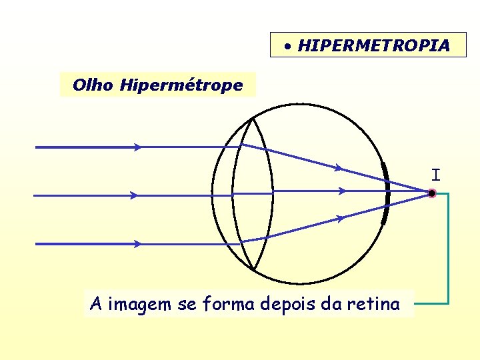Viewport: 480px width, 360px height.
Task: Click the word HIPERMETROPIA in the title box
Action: [x=373, y=46]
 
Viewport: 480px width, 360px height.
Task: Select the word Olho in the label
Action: [x=94, y=85]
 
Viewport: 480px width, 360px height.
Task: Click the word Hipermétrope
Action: [x=181, y=85]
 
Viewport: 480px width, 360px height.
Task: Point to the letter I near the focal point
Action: [x=435, y=175]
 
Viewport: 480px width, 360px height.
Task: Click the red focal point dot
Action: [x=432, y=194]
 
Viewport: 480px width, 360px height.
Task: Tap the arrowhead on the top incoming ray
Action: [x=137, y=147]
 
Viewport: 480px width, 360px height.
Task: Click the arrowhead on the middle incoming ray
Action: [x=134, y=195]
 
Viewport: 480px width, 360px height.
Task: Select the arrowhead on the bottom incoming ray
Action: [x=137, y=244]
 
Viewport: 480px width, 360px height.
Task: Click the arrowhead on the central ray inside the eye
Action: [x=342, y=191]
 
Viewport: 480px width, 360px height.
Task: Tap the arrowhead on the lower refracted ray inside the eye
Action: [x=341, y=217]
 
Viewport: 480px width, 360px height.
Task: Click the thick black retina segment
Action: [x=385, y=193]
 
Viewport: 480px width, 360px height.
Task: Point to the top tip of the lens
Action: [x=252, y=119]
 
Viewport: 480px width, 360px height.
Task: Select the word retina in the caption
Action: [x=375, y=305]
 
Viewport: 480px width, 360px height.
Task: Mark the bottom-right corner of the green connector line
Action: [x=448, y=303]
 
